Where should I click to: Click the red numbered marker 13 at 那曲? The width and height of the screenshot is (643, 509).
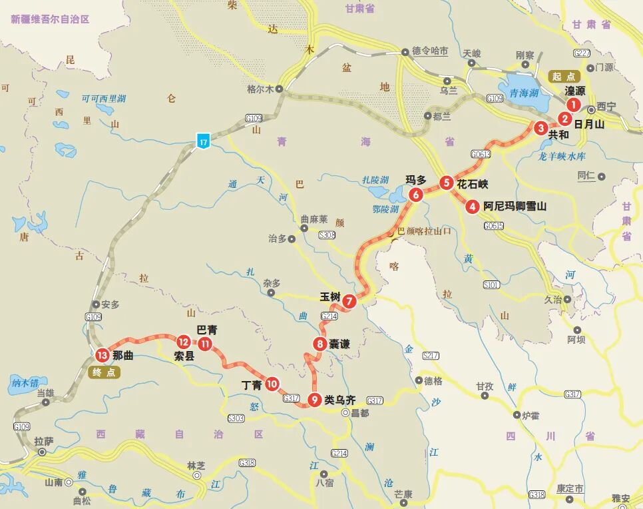tap(102, 355)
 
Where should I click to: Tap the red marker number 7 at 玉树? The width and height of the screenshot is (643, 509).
tap(350, 301)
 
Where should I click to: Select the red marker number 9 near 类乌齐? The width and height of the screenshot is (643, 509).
tap(314, 400)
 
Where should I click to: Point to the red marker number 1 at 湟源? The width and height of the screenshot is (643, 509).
tap(573, 105)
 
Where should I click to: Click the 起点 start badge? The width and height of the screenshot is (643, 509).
tap(564, 77)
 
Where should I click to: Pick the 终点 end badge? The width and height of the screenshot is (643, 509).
tap(105, 372)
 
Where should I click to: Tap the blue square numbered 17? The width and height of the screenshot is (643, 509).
tap(203, 141)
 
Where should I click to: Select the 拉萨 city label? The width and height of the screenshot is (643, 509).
tap(44, 440)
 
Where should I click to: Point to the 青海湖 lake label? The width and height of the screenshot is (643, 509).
tap(525, 93)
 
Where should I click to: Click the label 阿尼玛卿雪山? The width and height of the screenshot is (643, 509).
tap(515, 207)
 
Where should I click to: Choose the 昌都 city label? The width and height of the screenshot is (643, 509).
tap(359, 413)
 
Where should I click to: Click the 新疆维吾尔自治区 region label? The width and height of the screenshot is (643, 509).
tap(50, 19)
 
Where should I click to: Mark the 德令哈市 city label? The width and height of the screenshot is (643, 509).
tap(430, 51)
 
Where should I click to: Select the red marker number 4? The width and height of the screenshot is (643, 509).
tap(473, 207)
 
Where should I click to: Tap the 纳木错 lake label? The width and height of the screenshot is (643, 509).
tap(25, 382)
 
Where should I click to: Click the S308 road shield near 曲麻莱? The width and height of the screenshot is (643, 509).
tap(327, 235)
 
